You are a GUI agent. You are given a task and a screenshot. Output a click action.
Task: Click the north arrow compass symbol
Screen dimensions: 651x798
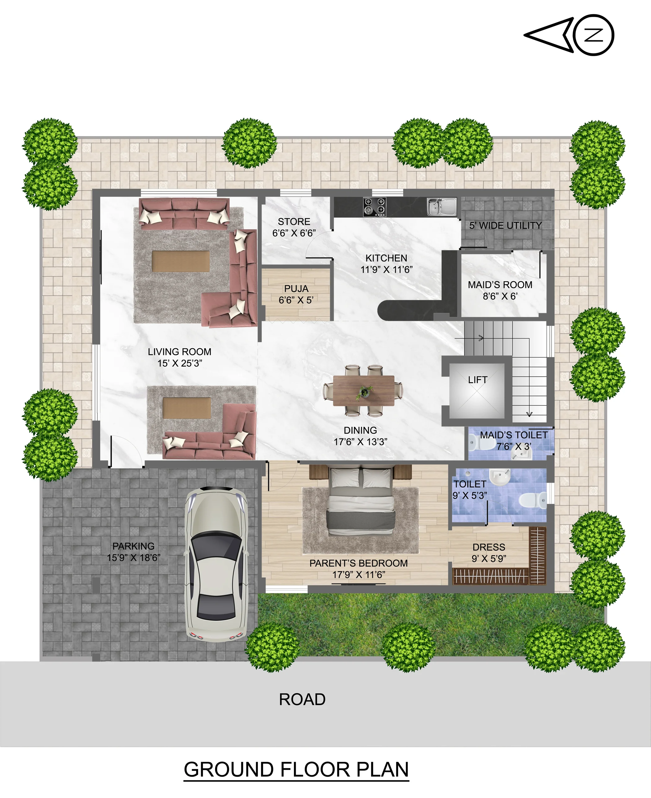[x=569, y=35]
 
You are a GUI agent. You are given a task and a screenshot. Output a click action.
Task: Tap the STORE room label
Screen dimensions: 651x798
[x=294, y=222]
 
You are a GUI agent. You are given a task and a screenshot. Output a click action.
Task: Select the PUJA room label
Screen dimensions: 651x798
[x=296, y=289]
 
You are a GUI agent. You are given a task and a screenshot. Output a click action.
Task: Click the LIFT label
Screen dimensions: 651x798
[x=477, y=380]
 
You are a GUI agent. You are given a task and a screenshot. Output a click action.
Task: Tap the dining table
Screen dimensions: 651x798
[x=363, y=390]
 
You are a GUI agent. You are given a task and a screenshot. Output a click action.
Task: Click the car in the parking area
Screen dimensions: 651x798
[x=216, y=564]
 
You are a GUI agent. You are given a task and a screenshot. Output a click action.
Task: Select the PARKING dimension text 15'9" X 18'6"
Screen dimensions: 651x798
[x=134, y=558]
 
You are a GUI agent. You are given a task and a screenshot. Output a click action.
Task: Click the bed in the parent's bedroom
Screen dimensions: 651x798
[x=361, y=501]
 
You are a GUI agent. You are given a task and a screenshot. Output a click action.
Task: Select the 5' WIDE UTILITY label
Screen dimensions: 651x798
[x=506, y=225]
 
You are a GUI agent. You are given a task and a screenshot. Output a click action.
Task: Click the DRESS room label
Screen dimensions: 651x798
[x=489, y=547]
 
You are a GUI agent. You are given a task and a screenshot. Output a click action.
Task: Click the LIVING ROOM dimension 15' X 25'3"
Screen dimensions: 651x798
[x=179, y=363]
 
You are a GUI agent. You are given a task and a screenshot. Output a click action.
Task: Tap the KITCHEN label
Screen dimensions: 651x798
[x=386, y=258]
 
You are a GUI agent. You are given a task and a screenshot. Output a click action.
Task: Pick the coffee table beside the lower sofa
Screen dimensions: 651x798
[x=187, y=408]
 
